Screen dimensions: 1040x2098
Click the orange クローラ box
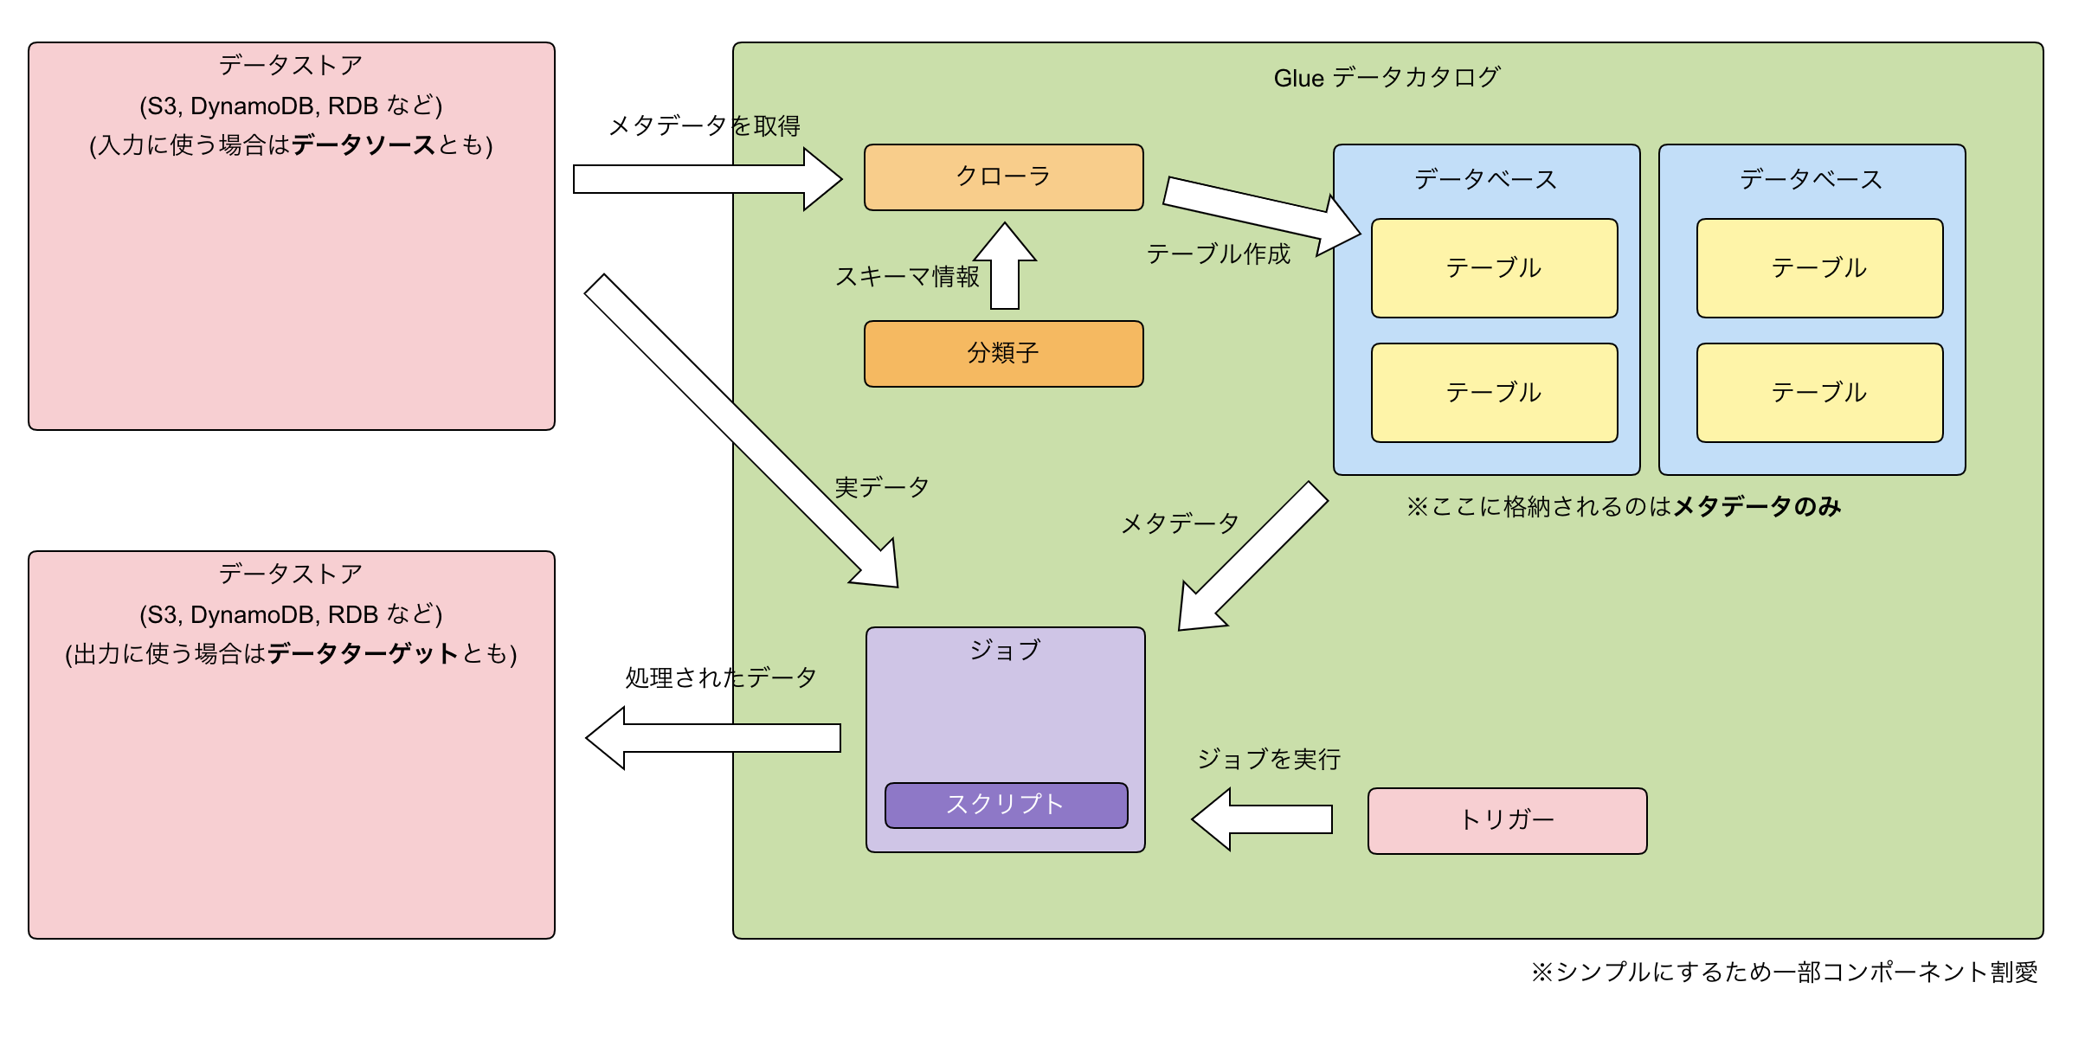1003,177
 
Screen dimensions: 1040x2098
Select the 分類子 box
1003,354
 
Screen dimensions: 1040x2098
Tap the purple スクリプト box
1006,805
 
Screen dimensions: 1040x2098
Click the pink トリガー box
1507,820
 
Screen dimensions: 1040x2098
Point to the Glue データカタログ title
1387,78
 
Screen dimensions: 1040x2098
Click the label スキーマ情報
906,277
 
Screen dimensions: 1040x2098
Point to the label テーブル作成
1218,254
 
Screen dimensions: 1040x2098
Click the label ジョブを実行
1269,760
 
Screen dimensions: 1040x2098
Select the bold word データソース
363,145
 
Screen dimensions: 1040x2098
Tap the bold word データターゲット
363,654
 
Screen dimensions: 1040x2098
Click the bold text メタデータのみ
1756,507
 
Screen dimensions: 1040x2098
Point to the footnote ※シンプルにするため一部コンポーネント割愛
1784,973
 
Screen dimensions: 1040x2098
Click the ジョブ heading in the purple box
1005,651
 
